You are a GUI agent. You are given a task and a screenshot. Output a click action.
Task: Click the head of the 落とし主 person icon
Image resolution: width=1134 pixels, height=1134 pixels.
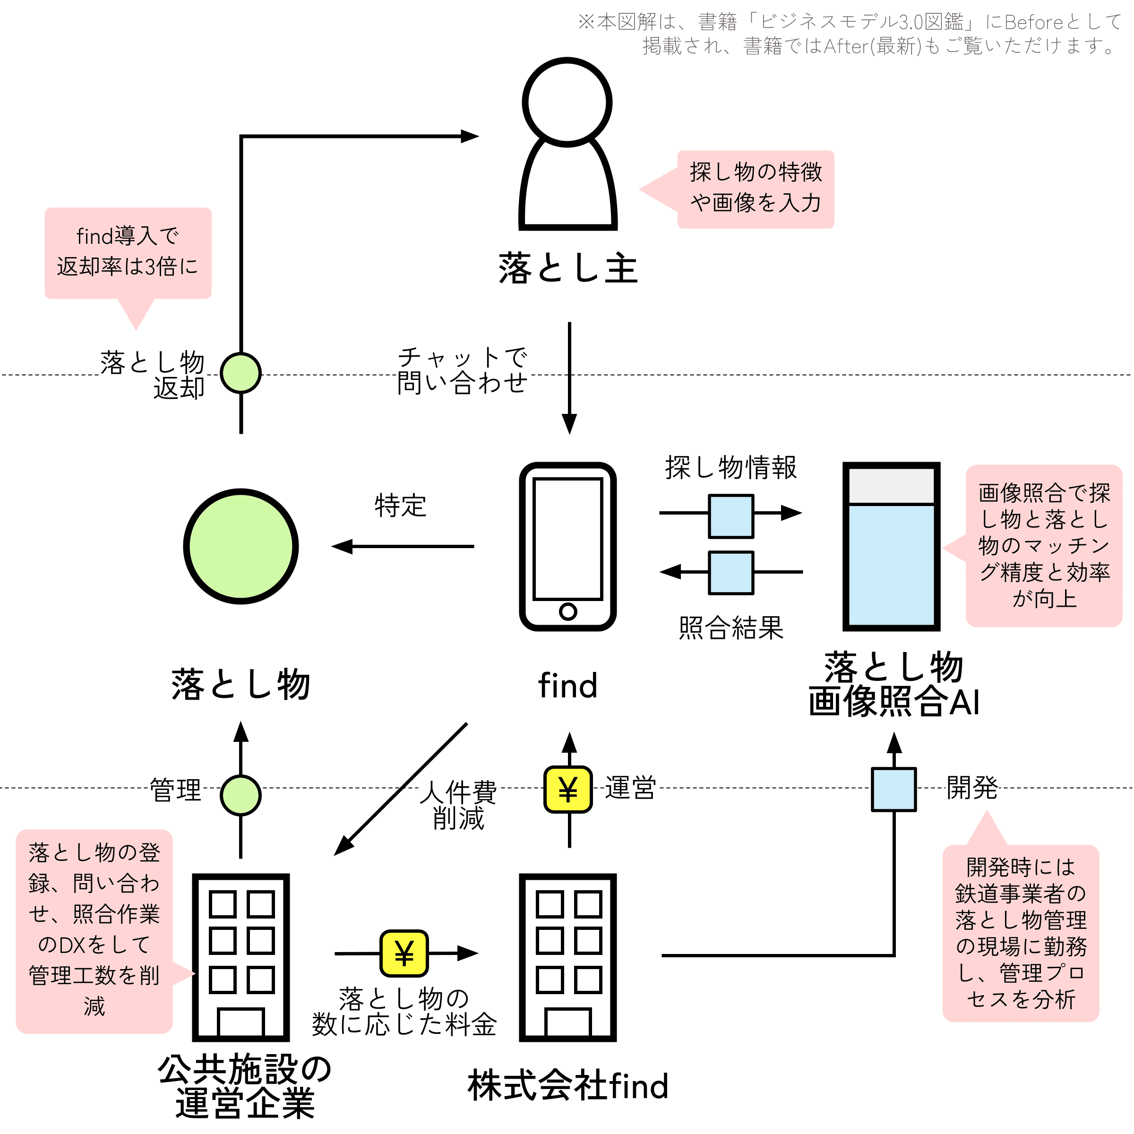[x=567, y=102]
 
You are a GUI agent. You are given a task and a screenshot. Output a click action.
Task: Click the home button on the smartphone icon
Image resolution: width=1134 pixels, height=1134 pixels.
[x=567, y=611]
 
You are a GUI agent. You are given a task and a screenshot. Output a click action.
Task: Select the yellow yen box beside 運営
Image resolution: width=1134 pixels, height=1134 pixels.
[x=567, y=790]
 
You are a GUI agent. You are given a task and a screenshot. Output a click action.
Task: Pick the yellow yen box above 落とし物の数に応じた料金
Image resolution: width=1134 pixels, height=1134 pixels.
[x=404, y=953]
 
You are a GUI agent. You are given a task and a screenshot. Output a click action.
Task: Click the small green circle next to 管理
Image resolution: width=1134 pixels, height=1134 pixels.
[x=241, y=795]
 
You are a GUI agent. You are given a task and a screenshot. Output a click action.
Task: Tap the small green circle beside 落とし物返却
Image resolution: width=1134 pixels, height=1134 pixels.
[x=241, y=373]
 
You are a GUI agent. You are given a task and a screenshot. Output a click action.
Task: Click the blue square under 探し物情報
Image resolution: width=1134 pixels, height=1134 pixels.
[x=731, y=516]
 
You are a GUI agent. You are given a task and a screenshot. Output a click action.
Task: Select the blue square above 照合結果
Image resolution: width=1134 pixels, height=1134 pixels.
[x=731, y=572]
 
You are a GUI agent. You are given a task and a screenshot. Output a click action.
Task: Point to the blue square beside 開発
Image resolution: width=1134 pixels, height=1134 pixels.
[x=893, y=790]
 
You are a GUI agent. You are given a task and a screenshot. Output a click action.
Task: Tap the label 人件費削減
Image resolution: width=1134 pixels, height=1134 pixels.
[x=458, y=805]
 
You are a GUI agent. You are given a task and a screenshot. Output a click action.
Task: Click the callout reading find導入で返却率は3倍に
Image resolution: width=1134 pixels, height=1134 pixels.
[x=128, y=253]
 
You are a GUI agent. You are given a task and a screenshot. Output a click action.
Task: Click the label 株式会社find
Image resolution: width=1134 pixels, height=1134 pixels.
[x=568, y=1085]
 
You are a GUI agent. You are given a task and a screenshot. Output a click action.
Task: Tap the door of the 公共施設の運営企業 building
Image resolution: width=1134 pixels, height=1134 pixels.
[x=241, y=1022]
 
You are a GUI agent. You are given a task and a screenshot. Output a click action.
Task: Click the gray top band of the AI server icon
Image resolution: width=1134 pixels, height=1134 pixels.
[x=891, y=485]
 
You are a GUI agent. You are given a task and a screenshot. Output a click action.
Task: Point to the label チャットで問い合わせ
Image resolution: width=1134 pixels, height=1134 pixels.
[x=462, y=370]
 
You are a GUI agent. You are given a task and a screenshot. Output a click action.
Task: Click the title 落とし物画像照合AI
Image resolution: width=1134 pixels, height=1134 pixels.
[x=893, y=684]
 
